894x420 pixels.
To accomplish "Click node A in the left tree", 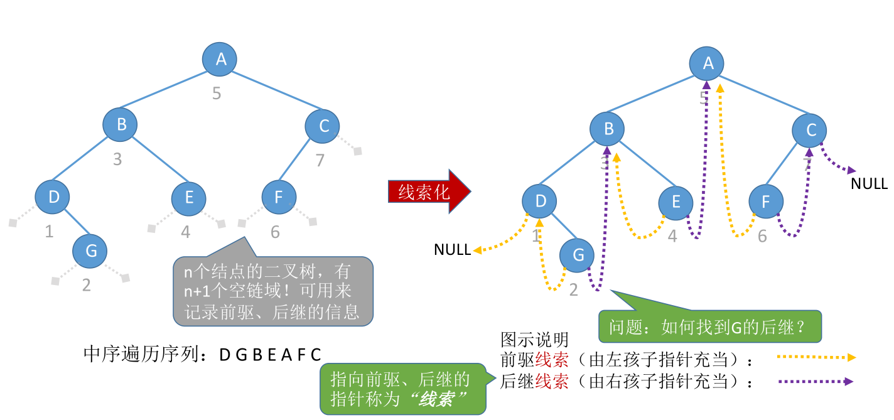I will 220,59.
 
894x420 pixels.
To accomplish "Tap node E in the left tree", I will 189,198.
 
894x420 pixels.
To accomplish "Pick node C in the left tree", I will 323,126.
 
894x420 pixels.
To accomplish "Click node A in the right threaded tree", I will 708,63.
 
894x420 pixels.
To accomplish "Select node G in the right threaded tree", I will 578,255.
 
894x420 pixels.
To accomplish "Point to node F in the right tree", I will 766,202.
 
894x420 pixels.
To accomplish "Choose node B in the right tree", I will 608,130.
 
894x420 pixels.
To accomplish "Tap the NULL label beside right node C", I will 869,184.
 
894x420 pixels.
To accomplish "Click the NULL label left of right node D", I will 452,250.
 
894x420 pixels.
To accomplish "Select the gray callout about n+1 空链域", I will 272,291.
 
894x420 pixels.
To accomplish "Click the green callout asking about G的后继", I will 709,326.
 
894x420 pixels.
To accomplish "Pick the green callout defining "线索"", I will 402,389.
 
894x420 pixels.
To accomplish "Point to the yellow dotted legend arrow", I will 816,357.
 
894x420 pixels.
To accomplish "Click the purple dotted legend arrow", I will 816,381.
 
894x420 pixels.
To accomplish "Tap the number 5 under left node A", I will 217,94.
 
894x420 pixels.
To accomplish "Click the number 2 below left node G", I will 87,286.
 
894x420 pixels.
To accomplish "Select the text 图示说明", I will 534,340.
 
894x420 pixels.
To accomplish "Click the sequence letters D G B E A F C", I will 270,355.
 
